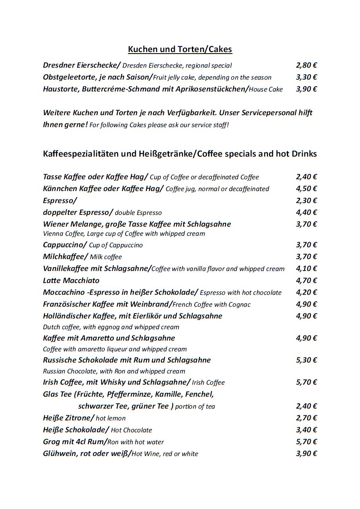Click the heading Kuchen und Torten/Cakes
pos(180,49)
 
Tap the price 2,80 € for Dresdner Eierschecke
pos(306,65)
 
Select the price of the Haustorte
pos(306,89)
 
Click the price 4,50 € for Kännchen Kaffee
pos(306,189)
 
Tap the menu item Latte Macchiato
pos(71,281)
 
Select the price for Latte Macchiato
pos(306,281)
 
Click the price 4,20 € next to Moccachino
pos(306,293)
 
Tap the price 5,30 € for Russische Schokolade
pos(306,360)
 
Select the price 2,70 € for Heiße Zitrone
pos(306,418)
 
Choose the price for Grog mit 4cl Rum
pos(306,442)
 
